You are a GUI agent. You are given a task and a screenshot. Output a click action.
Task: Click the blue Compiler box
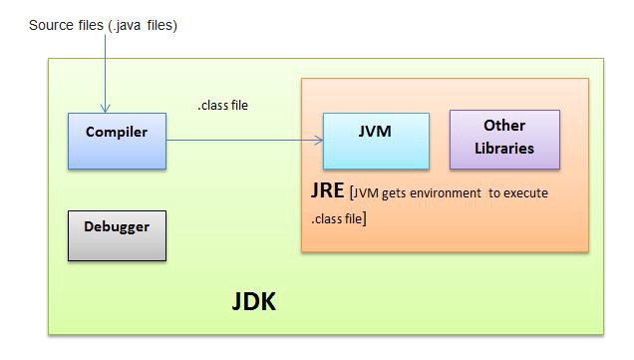point(117,141)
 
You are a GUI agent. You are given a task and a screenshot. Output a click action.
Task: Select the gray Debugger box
point(117,235)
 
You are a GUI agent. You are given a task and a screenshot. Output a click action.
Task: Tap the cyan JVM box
point(376,141)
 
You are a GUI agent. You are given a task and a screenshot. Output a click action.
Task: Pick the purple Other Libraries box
point(504,139)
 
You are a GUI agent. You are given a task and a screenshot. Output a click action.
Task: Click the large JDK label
point(253,302)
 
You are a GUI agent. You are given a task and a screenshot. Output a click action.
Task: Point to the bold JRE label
point(328,190)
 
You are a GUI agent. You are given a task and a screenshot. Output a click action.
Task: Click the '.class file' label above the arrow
point(222,105)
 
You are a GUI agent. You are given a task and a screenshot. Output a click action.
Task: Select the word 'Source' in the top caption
point(52,25)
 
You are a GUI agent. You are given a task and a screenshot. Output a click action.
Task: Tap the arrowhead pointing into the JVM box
point(319,141)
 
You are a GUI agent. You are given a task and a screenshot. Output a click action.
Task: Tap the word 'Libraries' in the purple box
point(504,149)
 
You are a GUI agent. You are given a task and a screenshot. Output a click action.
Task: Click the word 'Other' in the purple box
point(504,126)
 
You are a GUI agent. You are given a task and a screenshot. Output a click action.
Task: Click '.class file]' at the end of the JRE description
point(338,216)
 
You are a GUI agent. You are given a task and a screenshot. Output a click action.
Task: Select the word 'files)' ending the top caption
point(160,25)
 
